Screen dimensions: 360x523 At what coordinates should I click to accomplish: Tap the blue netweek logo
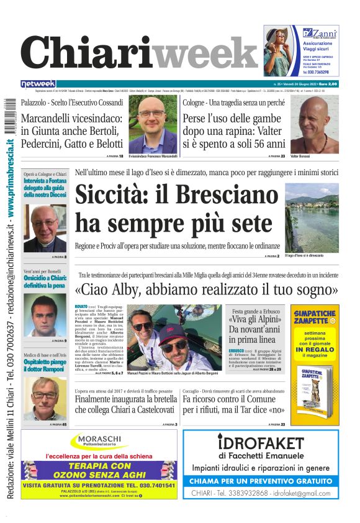(x=38, y=84)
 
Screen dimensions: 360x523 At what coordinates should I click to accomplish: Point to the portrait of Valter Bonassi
(x=314, y=124)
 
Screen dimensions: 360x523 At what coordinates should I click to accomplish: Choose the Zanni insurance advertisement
(x=301, y=50)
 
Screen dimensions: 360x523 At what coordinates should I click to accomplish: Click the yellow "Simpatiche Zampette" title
(x=315, y=316)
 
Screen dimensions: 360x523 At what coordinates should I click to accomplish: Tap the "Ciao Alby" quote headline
(x=206, y=289)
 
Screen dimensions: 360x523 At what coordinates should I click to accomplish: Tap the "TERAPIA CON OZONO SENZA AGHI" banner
(x=99, y=470)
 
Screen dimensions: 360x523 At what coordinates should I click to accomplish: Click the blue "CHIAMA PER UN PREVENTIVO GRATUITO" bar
(x=261, y=481)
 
